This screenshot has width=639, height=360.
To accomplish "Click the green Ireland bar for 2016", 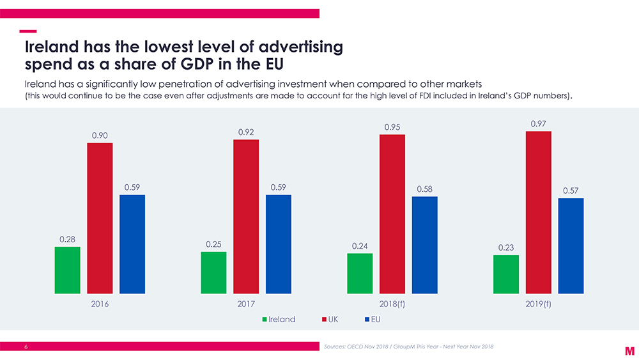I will point(68,270).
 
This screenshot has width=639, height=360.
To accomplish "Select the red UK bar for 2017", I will point(246,216).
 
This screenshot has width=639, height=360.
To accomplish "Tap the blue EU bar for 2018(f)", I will point(424,245).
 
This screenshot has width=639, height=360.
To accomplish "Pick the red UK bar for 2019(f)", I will point(538,212).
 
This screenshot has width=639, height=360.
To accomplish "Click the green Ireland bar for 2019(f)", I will point(506,274).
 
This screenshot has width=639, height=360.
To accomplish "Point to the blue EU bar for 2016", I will point(132,244).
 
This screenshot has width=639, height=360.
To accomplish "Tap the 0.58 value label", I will point(424,189).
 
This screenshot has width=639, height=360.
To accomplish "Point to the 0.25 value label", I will point(214,244).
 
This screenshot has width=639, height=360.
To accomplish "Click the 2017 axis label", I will point(246,304).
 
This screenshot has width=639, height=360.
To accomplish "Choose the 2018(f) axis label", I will point(392,304).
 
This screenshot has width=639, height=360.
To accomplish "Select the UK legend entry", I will point(335,318).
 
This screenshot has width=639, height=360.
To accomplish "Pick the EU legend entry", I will point(375,318).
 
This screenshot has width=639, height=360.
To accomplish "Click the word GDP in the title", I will point(183,65).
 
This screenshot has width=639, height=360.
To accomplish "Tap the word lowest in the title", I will point(151,47).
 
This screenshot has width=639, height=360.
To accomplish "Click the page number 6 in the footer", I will point(26,347).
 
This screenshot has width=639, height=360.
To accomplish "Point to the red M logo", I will point(629,350).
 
